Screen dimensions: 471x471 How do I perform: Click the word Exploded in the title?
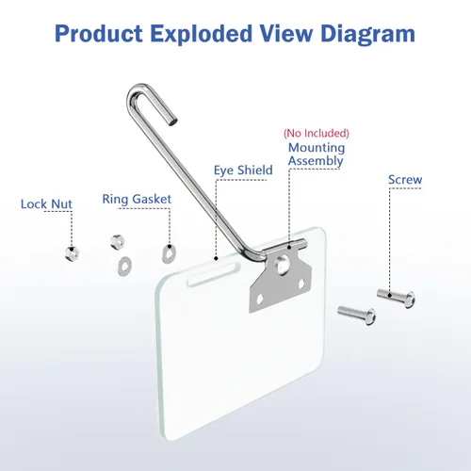point(201,34)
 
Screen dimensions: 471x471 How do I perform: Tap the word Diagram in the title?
point(367,35)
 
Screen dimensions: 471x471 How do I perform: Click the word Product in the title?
point(99,33)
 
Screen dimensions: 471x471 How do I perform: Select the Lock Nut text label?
point(46,204)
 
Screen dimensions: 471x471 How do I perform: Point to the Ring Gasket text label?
point(137,200)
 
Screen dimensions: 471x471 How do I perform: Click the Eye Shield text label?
point(243,171)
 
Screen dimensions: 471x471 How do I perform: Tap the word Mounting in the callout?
point(317,148)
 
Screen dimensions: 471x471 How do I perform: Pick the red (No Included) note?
point(317,133)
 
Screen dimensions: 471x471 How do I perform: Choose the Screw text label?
point(405,180)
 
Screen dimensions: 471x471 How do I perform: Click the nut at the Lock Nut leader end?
point(72,253)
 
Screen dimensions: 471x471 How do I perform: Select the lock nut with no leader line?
point(118,242)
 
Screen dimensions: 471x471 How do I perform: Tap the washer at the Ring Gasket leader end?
point(169,252)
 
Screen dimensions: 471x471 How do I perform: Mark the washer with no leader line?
point(124,267)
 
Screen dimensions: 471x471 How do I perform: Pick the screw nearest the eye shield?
point(357,315)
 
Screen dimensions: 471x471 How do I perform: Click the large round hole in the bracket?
point(282,263)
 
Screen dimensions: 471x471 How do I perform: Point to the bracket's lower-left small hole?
point(260,300)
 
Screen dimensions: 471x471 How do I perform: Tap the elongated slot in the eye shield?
point(214,274)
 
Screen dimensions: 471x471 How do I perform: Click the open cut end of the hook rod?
point(172,121)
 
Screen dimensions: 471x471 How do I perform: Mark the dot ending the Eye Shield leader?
point(216,258)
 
